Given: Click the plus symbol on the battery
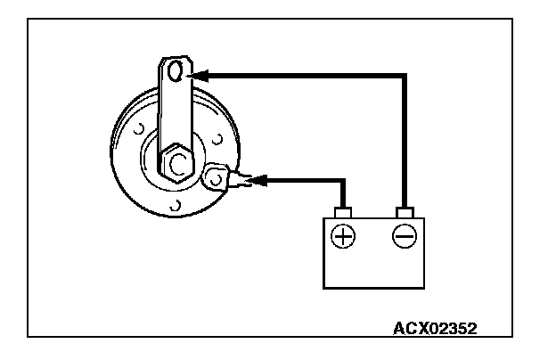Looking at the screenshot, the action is click(x=343, y=236).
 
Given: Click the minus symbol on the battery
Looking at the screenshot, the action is click(x=405, y=236).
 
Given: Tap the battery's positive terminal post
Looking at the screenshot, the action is click(x=343, y=212).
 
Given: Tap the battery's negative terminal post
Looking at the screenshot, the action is click(x=405, y=212).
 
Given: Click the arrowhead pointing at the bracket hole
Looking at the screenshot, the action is click(x=201, y=75).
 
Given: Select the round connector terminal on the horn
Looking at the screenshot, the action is click(x=216, y=177).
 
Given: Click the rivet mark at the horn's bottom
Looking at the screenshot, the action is click(x=176, y=207).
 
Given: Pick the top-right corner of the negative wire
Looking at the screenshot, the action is click(x=405, y=76).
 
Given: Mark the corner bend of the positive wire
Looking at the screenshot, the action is click(x=342, y=181).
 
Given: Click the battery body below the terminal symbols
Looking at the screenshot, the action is click(x=373, y=267).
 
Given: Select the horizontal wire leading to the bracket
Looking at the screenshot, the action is click(x=303, y=76).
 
